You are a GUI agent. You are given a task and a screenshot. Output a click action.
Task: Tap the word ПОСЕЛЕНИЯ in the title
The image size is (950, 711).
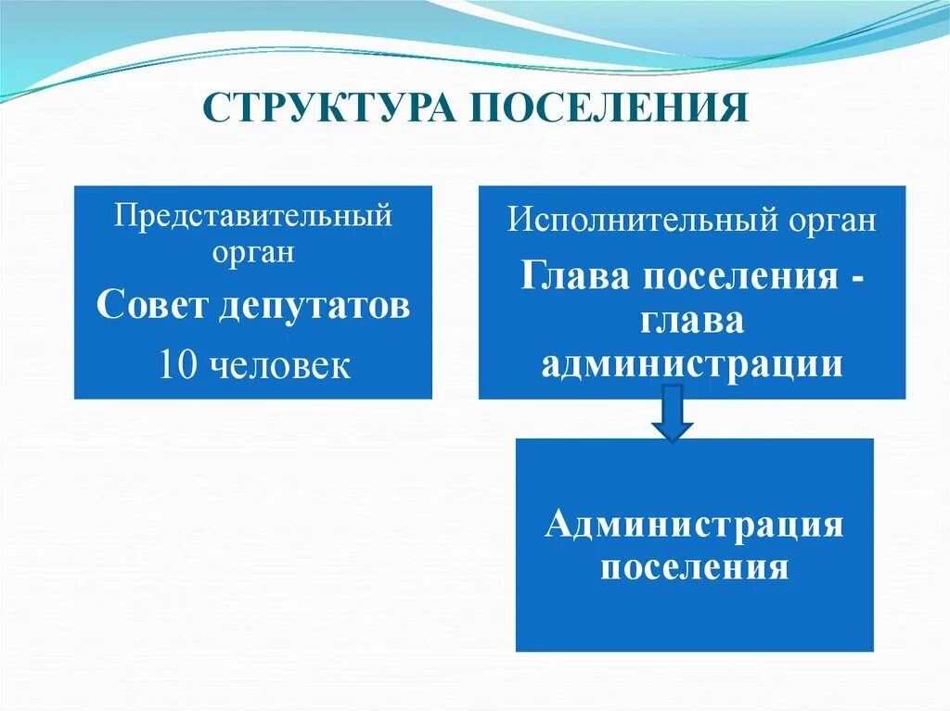pos(610,107)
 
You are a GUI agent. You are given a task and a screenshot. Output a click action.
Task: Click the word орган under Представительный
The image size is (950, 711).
pos(253,253)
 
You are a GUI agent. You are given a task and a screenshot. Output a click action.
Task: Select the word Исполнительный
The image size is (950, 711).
pos(627,222)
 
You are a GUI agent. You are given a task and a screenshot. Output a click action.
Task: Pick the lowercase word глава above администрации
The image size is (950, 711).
pos(690,320)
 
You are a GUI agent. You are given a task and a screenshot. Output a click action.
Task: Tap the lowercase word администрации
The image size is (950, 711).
pos(692,364)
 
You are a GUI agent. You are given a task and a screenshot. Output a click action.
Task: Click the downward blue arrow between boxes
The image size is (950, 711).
pos(673,413)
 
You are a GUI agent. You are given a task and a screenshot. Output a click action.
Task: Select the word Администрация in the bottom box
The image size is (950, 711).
pos(694,524)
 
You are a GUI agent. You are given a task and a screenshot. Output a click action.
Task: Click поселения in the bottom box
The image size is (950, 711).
pos(694,565)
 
